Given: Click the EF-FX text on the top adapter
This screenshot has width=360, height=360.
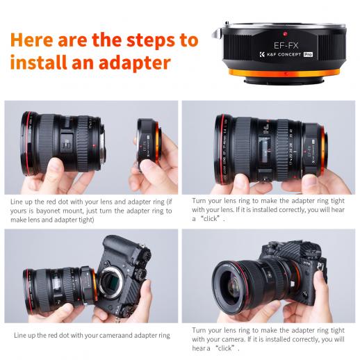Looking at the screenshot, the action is [x=286, y=45].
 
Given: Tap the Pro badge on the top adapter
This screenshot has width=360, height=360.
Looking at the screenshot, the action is [x=308, y=54].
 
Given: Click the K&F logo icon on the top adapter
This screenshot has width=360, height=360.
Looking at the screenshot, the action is [x=262, y=54].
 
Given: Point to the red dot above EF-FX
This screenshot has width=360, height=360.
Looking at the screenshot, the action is [x=285, y=34].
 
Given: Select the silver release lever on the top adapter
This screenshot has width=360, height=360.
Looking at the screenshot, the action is [x=217, y=33].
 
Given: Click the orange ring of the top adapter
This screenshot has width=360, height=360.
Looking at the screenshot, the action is [x=284, y=74].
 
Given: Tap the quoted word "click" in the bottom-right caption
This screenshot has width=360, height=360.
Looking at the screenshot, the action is [x=224, y=348].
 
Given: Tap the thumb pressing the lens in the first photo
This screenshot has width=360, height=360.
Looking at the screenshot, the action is [x=54, y=171].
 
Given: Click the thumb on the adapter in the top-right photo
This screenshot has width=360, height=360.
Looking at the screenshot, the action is [x=311, y=183].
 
